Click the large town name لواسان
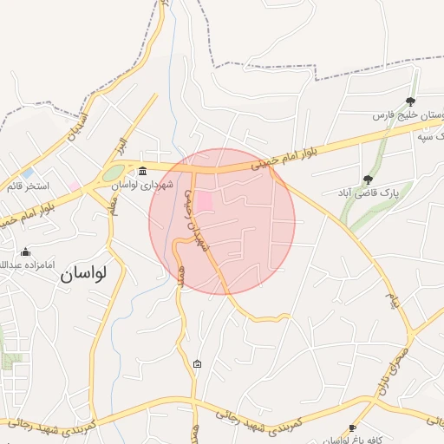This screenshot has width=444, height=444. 83,273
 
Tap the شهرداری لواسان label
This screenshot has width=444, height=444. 148,185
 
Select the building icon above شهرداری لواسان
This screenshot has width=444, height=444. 142,170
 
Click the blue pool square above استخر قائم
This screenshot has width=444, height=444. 28,173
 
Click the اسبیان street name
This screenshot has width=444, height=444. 75,125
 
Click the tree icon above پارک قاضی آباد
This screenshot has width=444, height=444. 368,180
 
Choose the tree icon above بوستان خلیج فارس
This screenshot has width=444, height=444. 410,101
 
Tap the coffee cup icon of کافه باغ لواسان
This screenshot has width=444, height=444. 352,428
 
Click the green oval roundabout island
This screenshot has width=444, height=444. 113,173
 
